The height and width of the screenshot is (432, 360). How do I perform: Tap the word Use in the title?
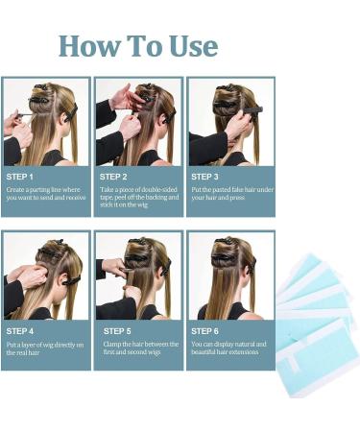[x=188, y=45]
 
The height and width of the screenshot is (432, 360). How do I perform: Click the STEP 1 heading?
[x=20, y=177]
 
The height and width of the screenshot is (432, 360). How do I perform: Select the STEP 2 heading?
[x=113, y=177]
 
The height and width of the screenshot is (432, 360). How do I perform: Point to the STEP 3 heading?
[x=204, y=177]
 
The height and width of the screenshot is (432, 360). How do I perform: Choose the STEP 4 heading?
[x=20, y=330]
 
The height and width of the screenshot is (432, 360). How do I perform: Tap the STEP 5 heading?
[x=113, y=330]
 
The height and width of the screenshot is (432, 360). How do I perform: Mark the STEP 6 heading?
[x=204, y=330]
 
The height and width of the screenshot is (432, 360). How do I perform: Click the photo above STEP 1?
[x=45, y=122]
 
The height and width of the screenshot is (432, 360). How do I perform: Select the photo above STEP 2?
[x=137, y=122]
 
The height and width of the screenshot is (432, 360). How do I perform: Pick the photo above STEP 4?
[x=45, y=276]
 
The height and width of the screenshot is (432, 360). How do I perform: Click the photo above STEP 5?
[x=137, y=276]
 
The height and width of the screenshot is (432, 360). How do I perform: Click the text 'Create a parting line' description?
[x=46, y=196]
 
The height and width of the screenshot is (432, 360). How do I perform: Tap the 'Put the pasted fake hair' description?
[x=230, y=196]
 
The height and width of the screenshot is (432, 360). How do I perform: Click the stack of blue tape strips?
[x=317, y=307]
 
